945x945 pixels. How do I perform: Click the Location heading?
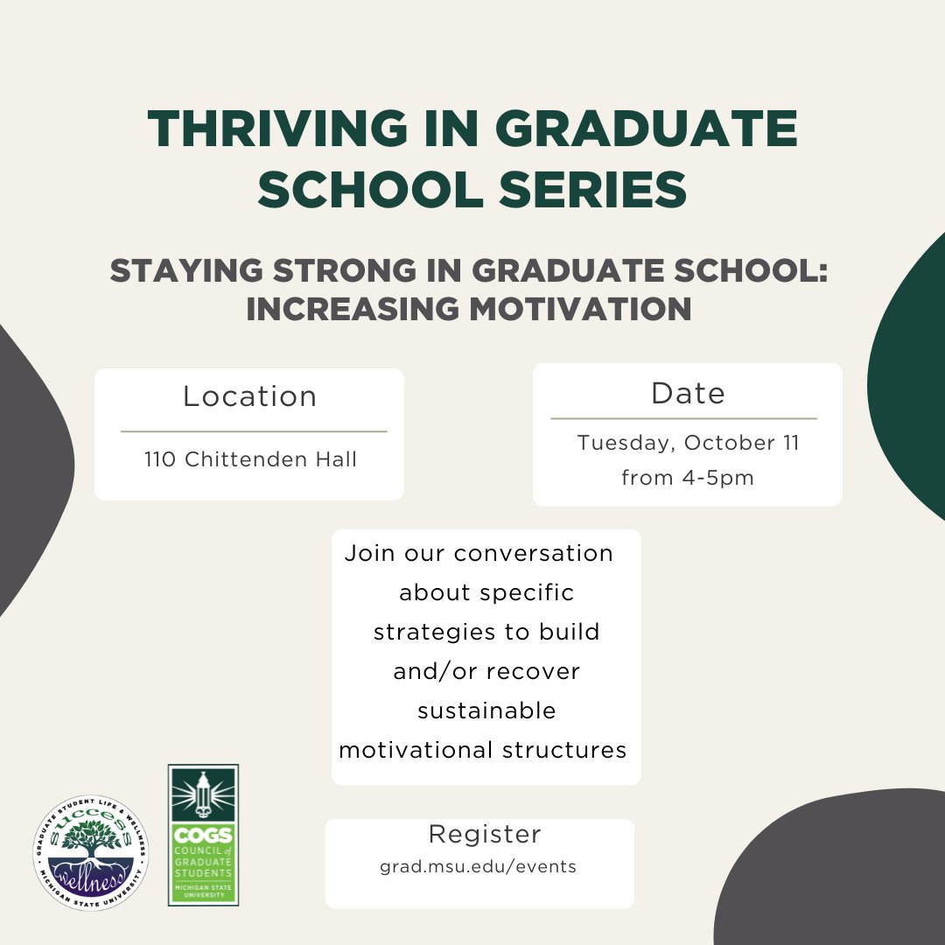249,396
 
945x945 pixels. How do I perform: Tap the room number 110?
161,459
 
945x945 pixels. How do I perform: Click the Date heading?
688,394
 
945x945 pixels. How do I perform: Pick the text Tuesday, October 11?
688,443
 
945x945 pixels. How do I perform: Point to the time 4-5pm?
714,479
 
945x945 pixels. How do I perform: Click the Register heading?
485,834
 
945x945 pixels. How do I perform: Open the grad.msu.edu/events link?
478,867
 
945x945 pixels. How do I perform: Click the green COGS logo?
203,834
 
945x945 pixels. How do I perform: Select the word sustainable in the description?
486,710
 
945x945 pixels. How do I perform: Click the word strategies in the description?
433,632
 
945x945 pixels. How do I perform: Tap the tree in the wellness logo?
91,840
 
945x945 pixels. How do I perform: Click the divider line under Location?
253,431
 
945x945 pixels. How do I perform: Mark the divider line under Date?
683,419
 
